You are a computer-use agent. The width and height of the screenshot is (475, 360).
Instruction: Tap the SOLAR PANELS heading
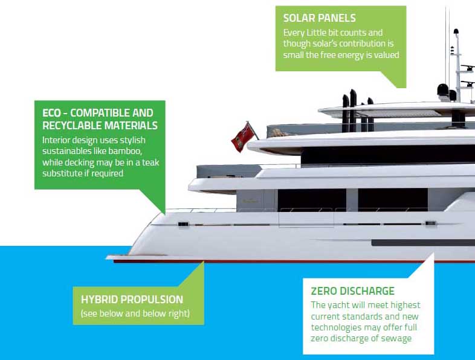tap(319, 18)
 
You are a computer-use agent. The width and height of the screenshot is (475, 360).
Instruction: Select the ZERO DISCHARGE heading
tap(352, 291)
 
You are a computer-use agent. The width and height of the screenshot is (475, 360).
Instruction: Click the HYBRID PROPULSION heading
tap(132, 300)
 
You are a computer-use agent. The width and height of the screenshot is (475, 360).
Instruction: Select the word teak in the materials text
tap(150, 162)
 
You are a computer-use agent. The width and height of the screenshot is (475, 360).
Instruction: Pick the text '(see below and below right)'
tap(135, 313)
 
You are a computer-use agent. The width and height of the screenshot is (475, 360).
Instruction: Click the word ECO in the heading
tap(51, 113)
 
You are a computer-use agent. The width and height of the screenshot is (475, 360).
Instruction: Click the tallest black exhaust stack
tap(353, 109)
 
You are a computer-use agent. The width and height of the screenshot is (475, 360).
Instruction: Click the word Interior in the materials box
tap(56, 140)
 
